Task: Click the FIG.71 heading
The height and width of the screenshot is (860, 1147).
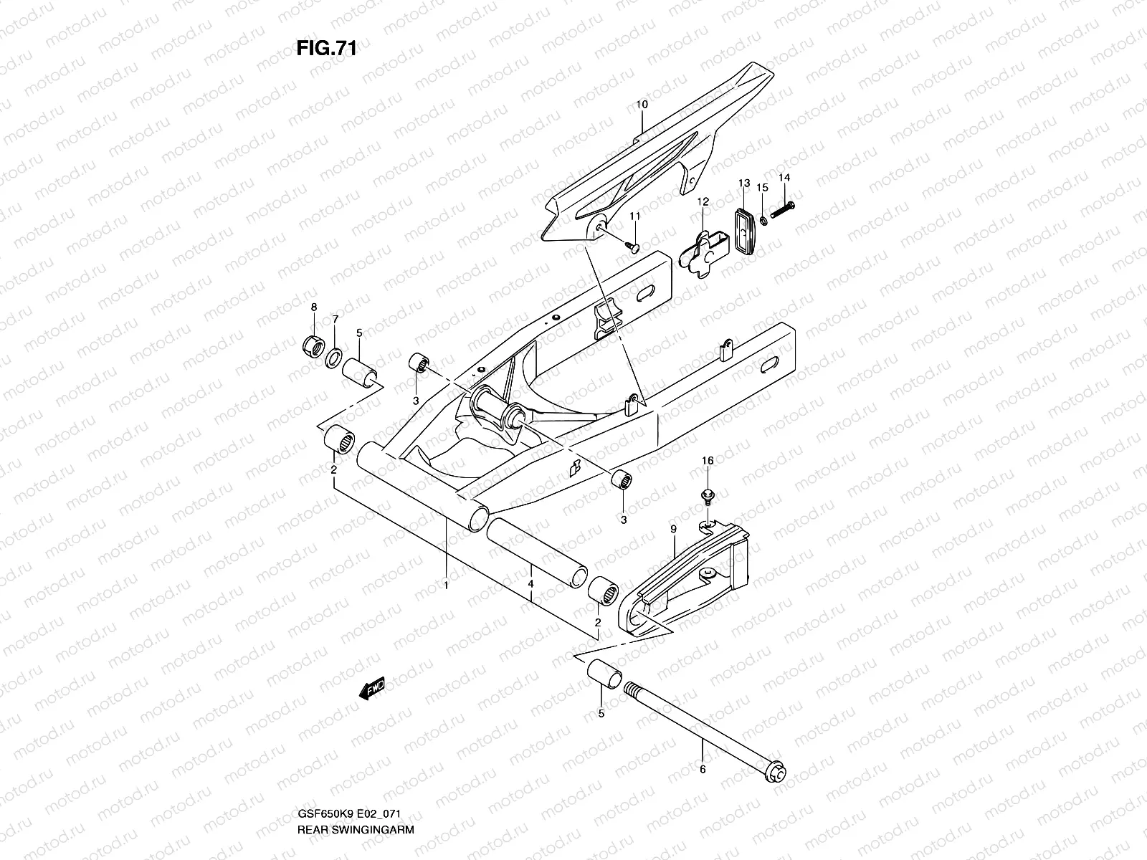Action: pyautogui.click(x=326, y=49)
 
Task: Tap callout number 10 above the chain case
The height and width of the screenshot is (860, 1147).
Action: pyautogui.click(x=642, y=105)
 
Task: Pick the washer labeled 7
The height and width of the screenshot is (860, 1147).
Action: pyautogui.click(x=334, y=356)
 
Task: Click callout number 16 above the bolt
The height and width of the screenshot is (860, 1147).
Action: pyautogui.click(x=707, y=461)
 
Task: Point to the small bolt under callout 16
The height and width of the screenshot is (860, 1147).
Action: pyautogui.click(x=705, y=494)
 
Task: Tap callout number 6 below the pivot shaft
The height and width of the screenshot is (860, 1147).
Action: pyautogui.click(x=702, y=770)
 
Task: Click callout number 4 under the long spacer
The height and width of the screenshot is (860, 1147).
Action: pyautogui.click(x=530, y=584)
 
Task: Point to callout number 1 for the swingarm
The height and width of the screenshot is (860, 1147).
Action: pyautogui.click(x=445, y=585)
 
